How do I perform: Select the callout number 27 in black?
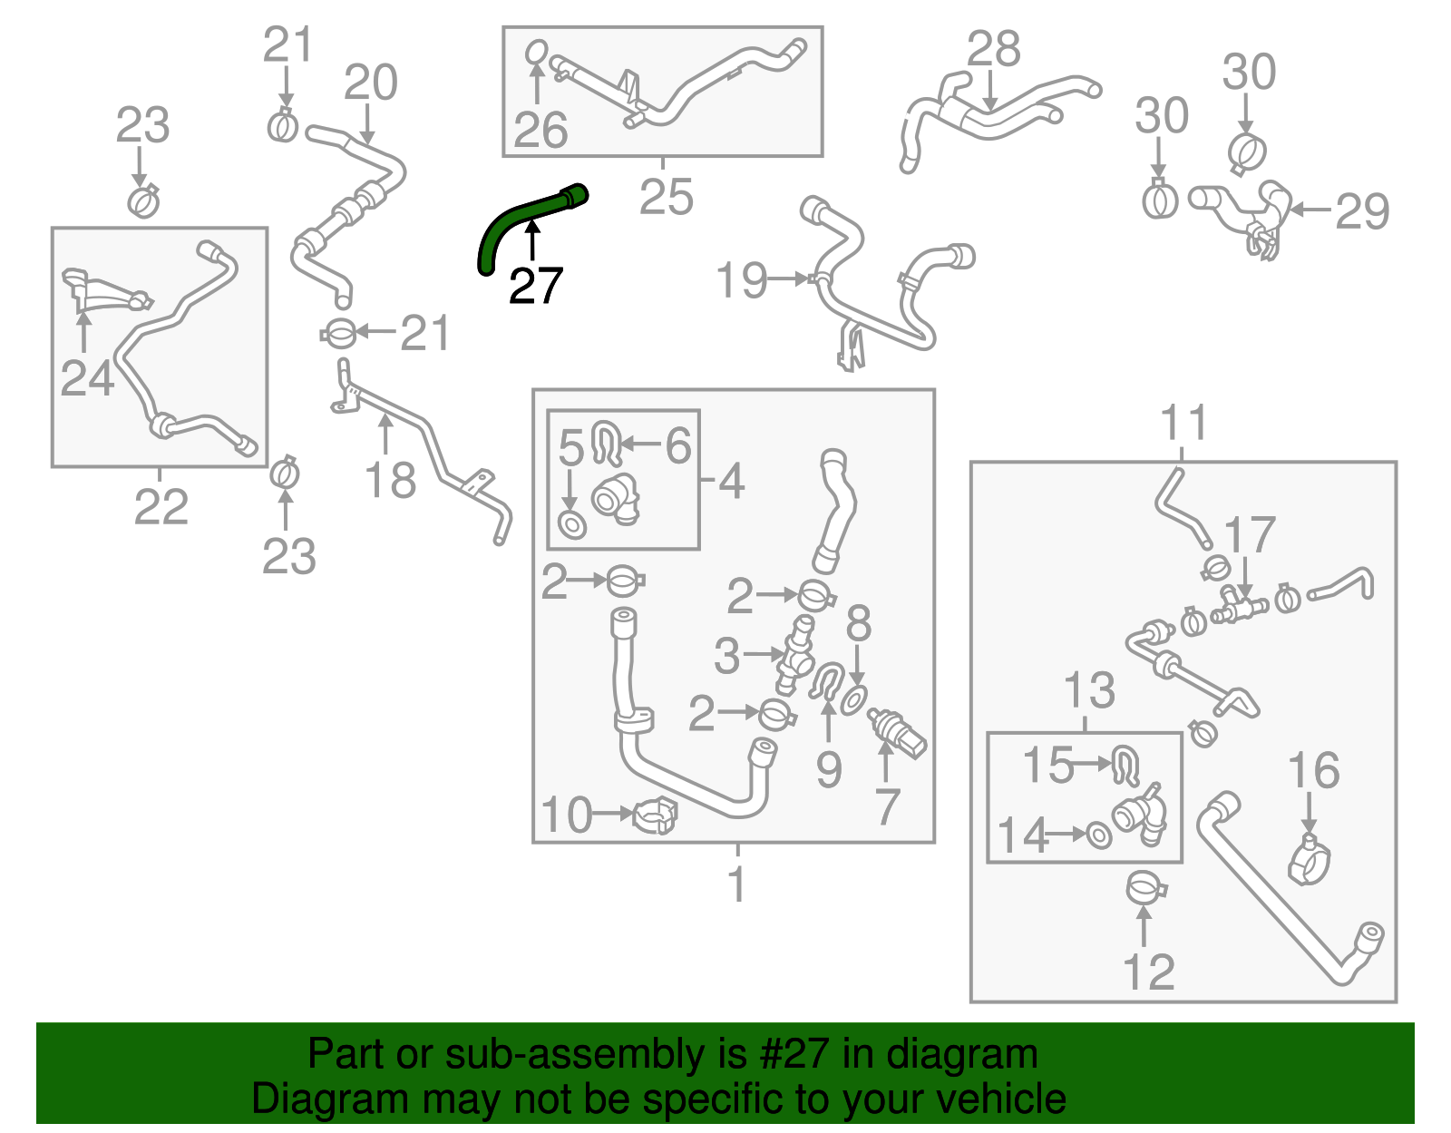[x=536, y=287]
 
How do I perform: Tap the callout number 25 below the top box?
[x=666, y=197]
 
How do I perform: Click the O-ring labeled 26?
[x=537, y=54]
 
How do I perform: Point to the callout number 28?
[x=994, y=49]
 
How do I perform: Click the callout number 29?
[x=1362, y=212]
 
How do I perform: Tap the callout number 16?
[x=1314, y=771]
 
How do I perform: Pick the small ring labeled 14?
[x=1098, y=835]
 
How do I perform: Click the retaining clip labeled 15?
[x=1126, y=767]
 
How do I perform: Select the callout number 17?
[x=1251, y=535]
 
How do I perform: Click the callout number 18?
[x=391, y=481]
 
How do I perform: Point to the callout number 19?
[x=742, y=280]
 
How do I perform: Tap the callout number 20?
[x=371, y=83]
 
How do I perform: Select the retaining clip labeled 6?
[x=605, y=441]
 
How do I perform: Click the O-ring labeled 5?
[x=571, y=524]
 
